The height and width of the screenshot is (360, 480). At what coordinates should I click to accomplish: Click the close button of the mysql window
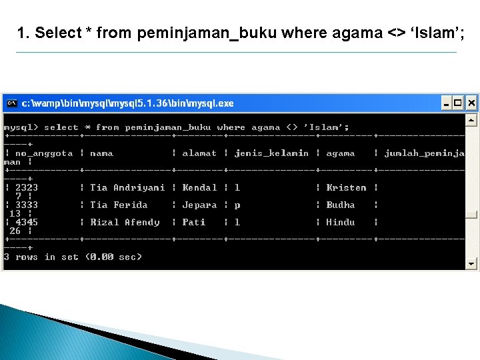471,103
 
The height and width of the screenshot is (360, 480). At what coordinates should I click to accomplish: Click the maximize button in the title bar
458,103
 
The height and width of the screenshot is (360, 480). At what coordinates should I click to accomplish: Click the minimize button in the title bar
445,103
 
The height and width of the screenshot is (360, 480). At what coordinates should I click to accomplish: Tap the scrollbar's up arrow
471,121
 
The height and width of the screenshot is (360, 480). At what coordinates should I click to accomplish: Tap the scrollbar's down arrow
471,264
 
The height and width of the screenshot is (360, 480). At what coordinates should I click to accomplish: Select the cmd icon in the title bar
11,103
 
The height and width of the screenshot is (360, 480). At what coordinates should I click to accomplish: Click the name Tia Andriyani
127,187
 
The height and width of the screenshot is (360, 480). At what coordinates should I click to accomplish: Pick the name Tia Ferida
119,205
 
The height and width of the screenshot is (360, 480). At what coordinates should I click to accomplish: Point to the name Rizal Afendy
125,222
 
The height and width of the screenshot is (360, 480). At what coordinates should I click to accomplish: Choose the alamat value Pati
193,222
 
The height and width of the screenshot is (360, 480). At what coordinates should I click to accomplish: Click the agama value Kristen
346,187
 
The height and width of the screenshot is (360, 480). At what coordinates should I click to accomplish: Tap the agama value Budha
340,205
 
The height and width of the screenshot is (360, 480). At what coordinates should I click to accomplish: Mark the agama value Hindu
340,222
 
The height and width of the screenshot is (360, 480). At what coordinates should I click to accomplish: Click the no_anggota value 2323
27,187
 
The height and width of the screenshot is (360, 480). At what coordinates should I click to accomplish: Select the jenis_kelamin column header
271,153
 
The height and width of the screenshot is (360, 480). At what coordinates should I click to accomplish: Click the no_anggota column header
44,153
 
